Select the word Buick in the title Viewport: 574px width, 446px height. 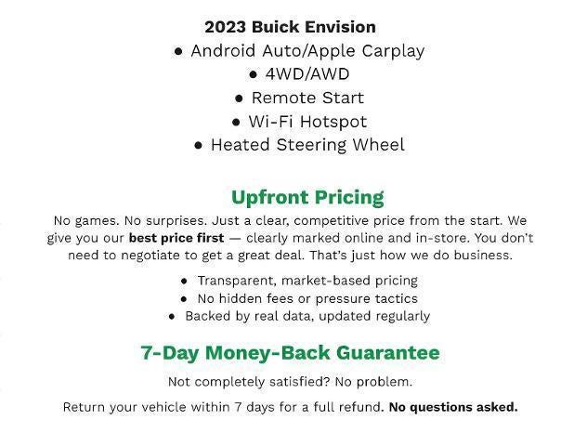(276, 27)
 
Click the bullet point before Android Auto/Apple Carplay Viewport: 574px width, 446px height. (178, 51)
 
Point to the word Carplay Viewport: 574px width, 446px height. (390, 51)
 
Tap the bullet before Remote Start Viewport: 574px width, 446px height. (240, 98)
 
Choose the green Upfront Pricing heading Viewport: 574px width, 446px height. (307, 197)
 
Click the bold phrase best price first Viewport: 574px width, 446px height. (176, 238)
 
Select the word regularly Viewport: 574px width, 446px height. (395, 316)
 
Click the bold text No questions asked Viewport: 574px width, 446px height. (452, 407)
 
